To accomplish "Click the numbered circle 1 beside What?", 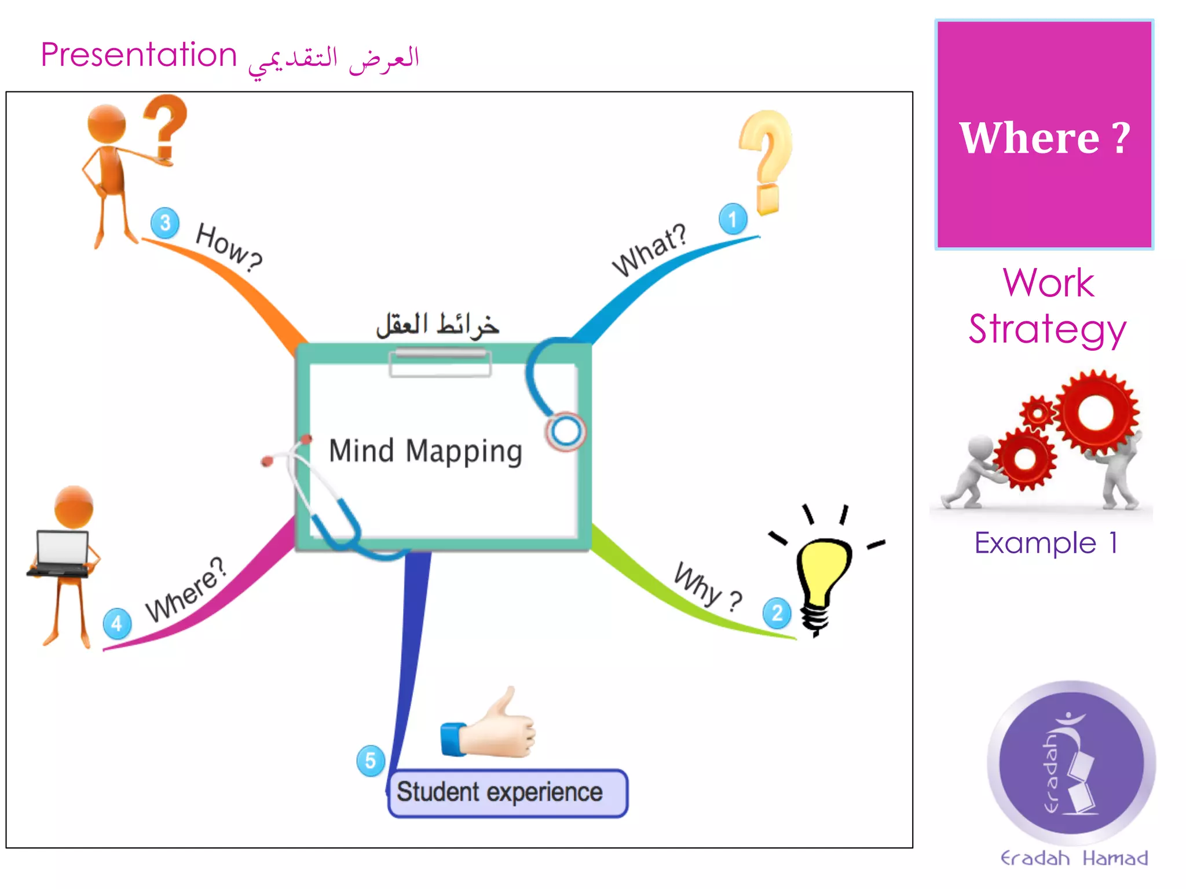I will pos(733,219).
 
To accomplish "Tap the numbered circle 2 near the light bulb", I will pos(777,613).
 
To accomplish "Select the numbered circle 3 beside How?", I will pos(165,222).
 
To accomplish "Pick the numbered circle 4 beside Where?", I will pos(117,623).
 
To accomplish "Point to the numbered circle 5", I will pos(371,761).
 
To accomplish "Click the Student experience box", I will pos(507,793).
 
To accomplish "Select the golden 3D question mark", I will pos(765,159).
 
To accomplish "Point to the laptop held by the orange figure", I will pos(61,553).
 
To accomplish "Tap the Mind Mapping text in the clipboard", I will pos(426,451).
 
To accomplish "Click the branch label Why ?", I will pos(707,587).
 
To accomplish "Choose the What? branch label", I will pos(649,250).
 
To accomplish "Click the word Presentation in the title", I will pos(139,56).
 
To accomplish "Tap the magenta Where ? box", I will pos(1044,135).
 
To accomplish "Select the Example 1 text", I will pos(1046,543).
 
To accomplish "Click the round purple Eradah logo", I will pos(1071,763).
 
